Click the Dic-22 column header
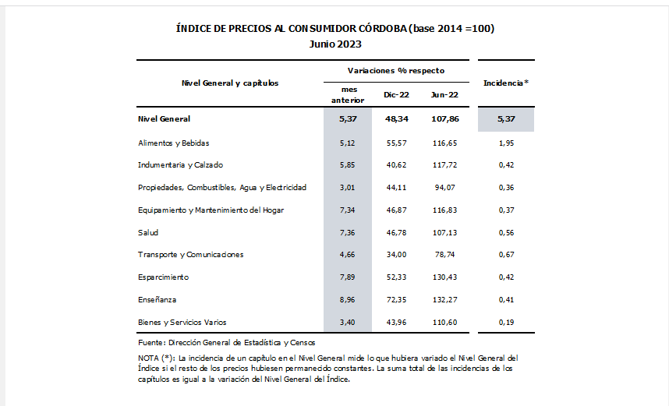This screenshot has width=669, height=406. coord(396,94)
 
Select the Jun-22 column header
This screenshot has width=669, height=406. coord(444,94)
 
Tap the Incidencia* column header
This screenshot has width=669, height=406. coord(506,82)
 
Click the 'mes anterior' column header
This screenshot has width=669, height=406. coord(346,94)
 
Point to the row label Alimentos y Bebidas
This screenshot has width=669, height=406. coord(174,143)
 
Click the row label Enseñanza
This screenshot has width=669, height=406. coord(158,299)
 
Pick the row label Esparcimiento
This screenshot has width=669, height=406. coord(163,277)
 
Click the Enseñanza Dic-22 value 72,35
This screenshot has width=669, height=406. coord(395,299)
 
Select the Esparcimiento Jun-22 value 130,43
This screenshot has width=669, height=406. coord(444,277)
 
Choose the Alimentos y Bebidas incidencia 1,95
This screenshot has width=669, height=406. coord(506,143)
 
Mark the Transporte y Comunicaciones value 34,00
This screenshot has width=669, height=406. coord(395,254)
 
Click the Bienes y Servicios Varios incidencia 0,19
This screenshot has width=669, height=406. coord(506,322)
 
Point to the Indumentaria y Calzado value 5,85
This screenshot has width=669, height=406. coord(346,165)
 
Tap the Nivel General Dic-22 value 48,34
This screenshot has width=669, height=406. coord(395,119)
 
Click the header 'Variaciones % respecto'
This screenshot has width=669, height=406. coord(395,70)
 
